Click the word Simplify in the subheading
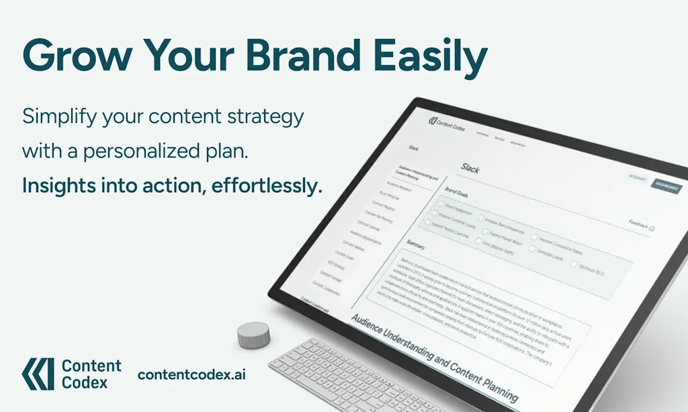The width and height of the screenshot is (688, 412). click(58, 116)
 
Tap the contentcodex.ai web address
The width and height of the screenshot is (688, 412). click(191, 374)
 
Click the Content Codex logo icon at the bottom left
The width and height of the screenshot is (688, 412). click(37, 374)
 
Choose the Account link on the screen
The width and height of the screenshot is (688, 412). click(637, 179)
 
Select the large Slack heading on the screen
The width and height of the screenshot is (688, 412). click(470, 169)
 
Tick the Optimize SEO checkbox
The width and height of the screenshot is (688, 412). click(574, 264)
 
